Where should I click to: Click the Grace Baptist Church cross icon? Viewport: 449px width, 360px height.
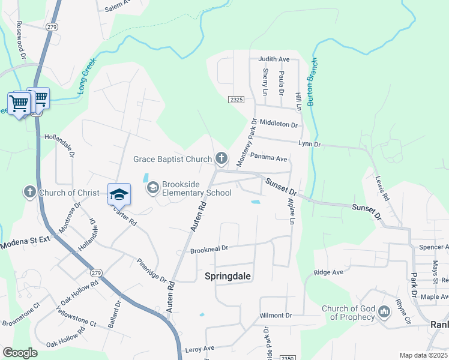click(221, 158)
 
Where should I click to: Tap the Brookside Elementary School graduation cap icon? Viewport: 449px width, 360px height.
click(153, 188)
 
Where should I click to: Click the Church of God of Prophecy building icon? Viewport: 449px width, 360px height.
click(384, 313)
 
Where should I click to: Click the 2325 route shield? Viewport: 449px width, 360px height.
click(237, 100)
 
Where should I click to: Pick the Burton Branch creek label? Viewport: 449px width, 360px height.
click(312, 82)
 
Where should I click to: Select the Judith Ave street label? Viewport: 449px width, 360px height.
click(274, 59)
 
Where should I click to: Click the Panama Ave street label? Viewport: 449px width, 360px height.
click(269, 158)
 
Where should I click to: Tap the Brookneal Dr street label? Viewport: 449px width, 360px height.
click(209, 248)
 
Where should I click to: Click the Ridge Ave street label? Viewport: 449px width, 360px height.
click(328, 272)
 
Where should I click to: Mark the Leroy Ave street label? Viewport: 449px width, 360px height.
click(200, 349)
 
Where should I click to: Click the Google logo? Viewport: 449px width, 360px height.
click(20, 353)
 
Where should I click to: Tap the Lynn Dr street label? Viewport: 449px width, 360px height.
click(310, 145)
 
